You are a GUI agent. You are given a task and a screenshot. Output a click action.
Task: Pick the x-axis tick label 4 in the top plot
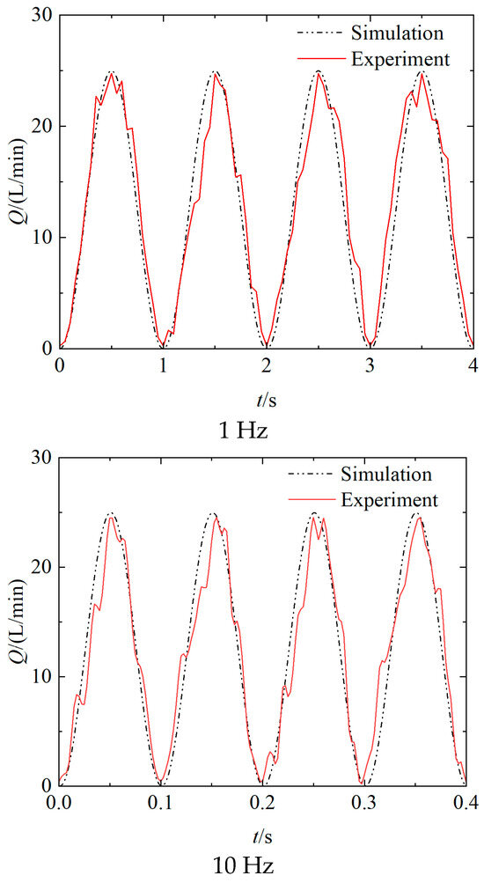coord(473,364)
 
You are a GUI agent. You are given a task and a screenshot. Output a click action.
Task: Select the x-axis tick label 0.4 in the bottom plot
coord(465,802)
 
